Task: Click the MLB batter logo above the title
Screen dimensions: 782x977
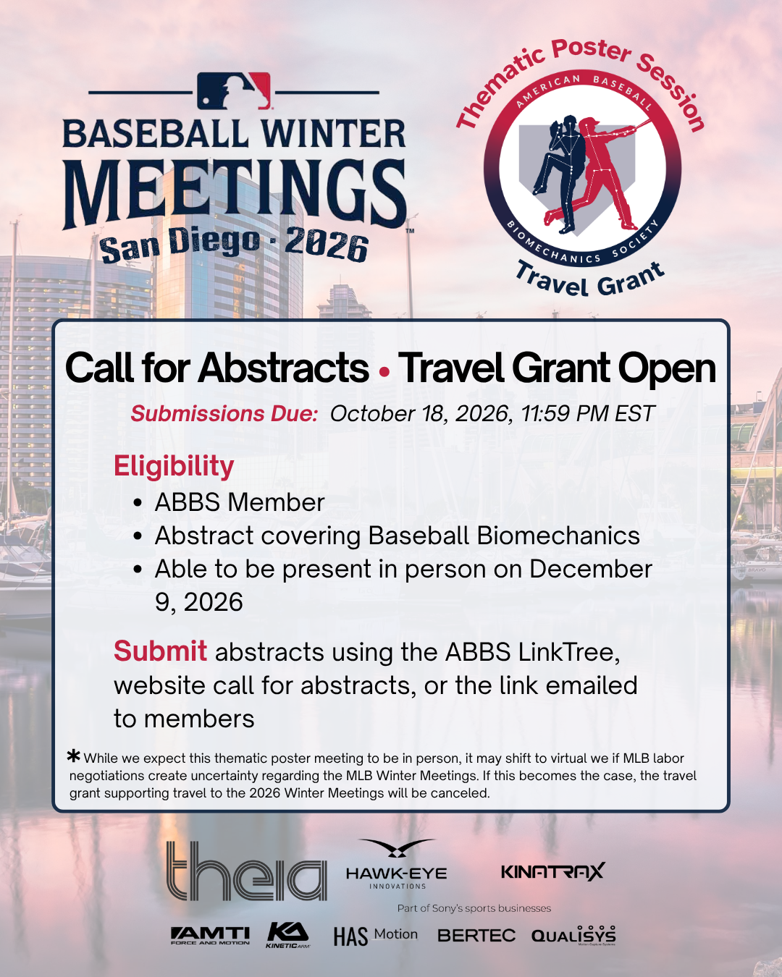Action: pos(234,90)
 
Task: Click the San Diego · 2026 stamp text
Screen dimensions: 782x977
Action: pos(234,245)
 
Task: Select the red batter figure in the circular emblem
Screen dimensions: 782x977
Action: pos(599,172)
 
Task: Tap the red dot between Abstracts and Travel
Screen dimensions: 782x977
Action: pos(384,372)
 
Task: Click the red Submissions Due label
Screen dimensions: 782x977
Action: pos(224,414)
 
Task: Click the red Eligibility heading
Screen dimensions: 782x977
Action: pos(174,467)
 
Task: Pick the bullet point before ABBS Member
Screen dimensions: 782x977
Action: pos(138,503)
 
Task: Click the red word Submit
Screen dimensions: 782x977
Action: pos(161,651)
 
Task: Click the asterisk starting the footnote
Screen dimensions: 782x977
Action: pos(74,756)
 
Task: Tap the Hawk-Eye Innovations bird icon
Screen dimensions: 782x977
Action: pos(397,848)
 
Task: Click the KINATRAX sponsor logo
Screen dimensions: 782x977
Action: pos(553,871)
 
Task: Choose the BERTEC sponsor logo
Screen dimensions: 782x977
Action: pos(476,935)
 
